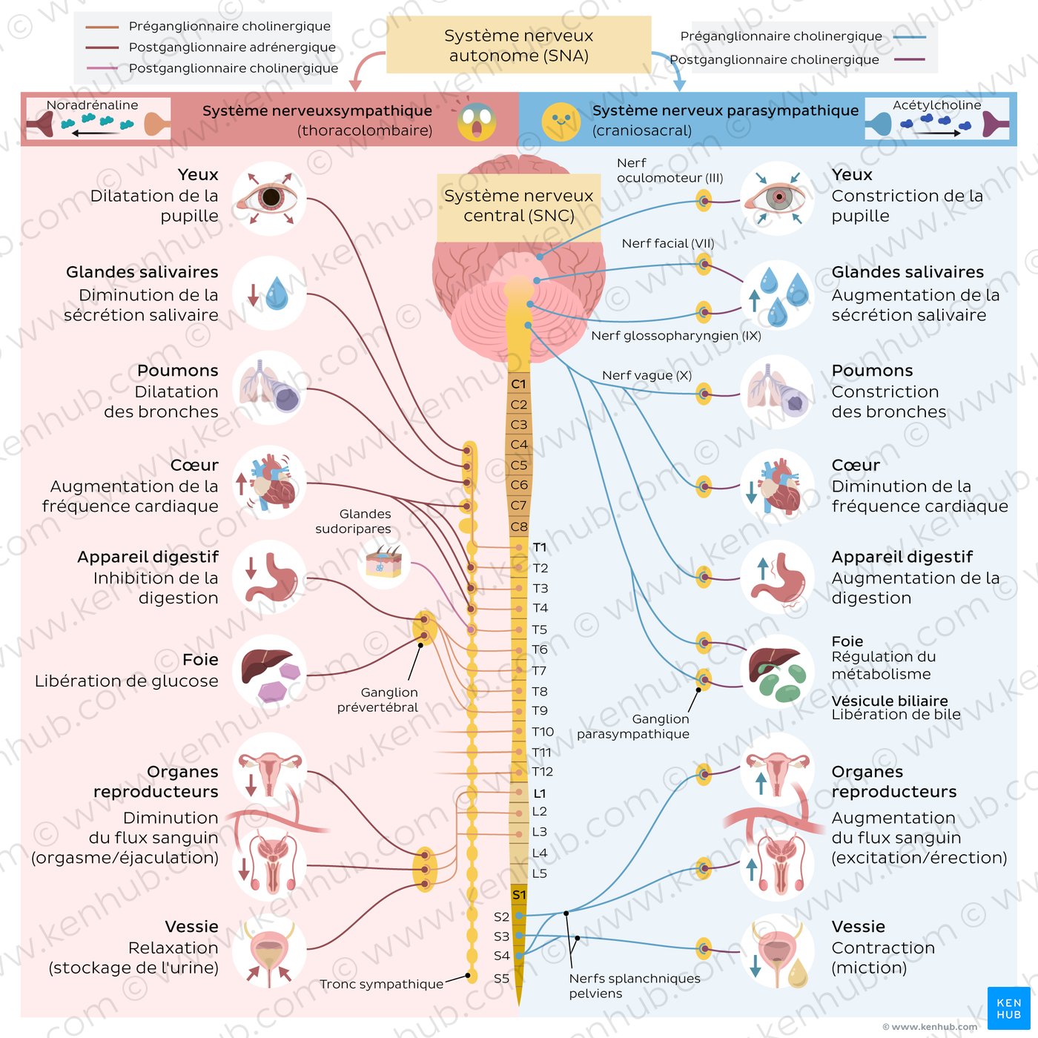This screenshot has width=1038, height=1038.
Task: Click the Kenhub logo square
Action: [1008, 1008]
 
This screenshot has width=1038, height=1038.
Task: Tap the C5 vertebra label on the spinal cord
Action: [519, 465]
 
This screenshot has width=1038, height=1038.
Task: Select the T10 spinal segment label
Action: [543, 732]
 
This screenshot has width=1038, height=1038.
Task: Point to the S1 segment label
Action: [519, 895]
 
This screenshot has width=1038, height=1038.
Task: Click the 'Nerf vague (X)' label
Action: [647, 375]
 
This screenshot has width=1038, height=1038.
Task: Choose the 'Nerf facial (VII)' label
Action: [668, 243]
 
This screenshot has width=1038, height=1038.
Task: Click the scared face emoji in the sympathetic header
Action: [476, 121]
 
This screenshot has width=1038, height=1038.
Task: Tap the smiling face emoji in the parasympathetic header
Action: [561, 121]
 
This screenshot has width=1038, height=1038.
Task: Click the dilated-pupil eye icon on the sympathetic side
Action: [269, 198]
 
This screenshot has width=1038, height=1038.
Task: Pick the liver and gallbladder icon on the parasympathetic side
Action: [777, 671]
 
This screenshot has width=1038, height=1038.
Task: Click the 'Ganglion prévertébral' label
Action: [378, 700]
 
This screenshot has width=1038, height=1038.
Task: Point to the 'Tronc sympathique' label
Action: [381, 984]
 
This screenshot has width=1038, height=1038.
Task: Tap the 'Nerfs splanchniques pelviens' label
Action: [634, 985]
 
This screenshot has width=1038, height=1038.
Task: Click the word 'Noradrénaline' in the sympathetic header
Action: [92, 105]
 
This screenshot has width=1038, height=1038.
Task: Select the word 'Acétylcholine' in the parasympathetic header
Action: [936, 105]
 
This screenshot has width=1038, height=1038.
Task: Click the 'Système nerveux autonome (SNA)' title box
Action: [519, 45]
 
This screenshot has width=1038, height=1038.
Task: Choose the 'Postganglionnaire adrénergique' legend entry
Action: [231, 47]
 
